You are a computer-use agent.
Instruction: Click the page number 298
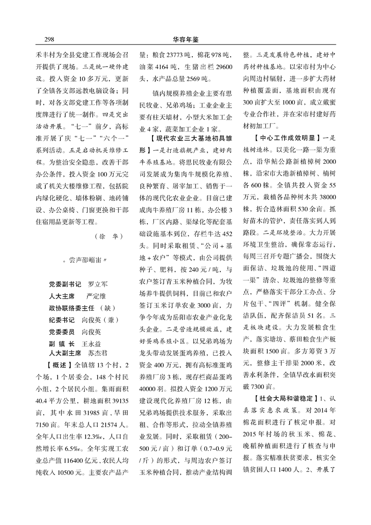coord(50,39)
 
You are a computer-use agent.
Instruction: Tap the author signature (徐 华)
coord(108,235)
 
